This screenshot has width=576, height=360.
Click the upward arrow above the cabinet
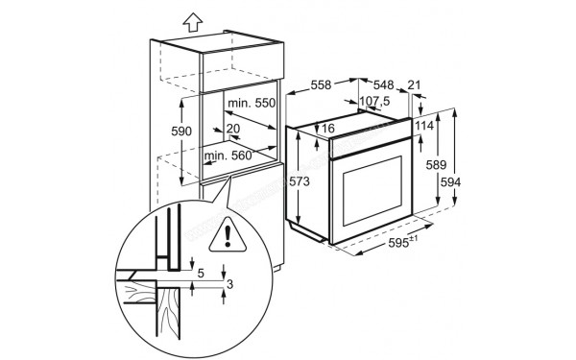pyautogui.click(x=193, y=22)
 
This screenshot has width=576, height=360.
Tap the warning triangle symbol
pyautogui.click(x=228, y=235)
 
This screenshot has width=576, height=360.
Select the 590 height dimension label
pyautogui.click(x=181, y=132)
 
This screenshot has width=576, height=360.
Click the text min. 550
pyautogui.click(x=252, y=103)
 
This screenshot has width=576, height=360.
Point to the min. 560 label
pyautogui.click(x=228, y=156)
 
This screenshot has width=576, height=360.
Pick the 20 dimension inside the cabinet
pyautogui.click(x=233, y=129)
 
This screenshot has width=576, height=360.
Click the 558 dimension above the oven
pyautogui.click(x=321, y=85)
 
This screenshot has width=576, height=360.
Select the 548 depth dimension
pyautogui.click(x=383, y=85)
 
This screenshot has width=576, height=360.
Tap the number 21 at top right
pyautogui.click(x=414, y=85)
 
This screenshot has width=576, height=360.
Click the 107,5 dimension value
pyautogui.click(x=374, y=101)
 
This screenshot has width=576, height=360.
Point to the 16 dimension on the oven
pyautogui.click(x=328, y=129)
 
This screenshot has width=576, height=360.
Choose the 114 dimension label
pyautogui.click(x=424, y=126)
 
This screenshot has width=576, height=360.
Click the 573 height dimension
pyautogui.click(x=300, y=181)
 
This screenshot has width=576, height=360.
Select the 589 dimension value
pyautogui.click(x=436, y=165)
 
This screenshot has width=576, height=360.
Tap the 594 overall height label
pyautogui.click(x=450, y=182)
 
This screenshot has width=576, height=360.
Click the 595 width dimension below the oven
pyautogui.click(x=402, y=242)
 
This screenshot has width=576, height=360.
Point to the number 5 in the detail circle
pyautogui.click(x=201, y=274)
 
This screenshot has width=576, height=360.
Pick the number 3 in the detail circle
pyautogui.click(x=230, y=284)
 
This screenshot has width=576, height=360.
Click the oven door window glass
pyautogui.click(x=372, y=191)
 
